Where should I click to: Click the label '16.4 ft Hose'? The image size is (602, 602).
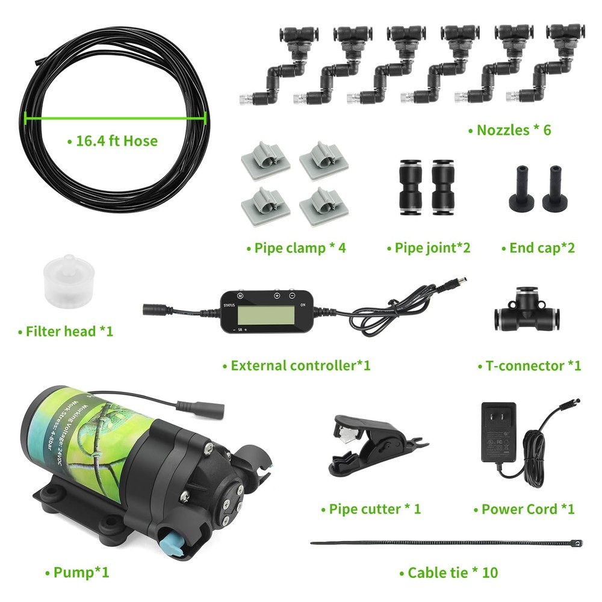click(113, 141)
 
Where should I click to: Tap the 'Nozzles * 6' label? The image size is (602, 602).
click(510, 129)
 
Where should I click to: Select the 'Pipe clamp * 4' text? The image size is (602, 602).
click(296, 247)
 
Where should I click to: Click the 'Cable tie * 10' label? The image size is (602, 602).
click(449, 572)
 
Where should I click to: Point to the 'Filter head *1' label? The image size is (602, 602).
click(66, 331)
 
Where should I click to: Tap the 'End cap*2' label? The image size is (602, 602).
click(538, 247)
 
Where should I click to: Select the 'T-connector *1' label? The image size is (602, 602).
click(529, 365)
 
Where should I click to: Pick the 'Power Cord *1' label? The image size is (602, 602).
click(524, 509)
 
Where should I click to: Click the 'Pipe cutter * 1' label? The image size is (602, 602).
click(370, 509)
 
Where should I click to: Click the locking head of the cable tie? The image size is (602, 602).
click(577, 542)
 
